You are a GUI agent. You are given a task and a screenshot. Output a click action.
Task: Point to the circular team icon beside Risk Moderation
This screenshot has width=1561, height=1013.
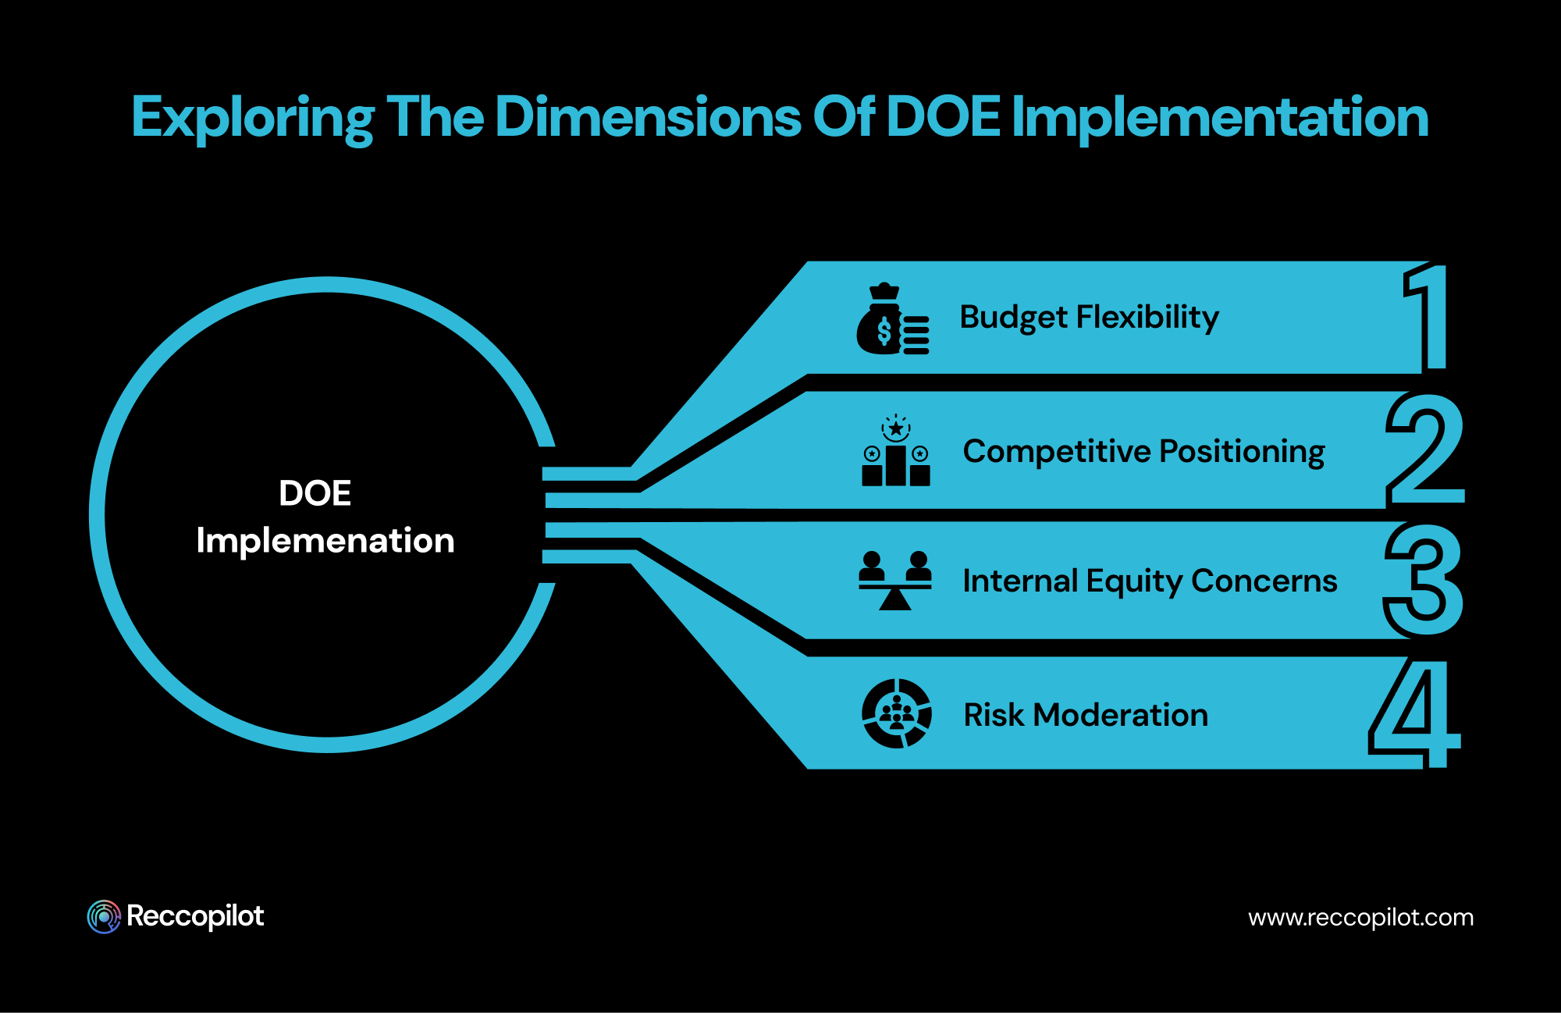[x=896, y=713]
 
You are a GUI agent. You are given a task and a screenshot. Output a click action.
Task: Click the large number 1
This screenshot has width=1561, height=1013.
[x=1428, y=316]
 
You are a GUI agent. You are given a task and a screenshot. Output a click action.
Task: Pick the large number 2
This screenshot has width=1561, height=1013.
[x=1424, y=450]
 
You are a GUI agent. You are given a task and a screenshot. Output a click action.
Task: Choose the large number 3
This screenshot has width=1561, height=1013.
[x=1423, y=580]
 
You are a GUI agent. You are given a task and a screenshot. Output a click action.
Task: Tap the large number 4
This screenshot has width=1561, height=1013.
[x=1414, y=713]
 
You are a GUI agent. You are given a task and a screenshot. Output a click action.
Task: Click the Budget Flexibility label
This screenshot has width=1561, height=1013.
[x=1089, y=318]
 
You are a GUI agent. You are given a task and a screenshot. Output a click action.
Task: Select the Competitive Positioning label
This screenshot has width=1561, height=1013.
[x=1143, y=452]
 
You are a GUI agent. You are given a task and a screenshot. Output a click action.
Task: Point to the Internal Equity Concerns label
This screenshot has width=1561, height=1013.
[x=1150, y=581]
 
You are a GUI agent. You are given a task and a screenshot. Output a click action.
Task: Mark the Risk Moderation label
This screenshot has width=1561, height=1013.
[x=1086, y=715]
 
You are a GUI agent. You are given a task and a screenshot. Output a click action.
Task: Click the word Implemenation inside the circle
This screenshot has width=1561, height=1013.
[x=325, y=541]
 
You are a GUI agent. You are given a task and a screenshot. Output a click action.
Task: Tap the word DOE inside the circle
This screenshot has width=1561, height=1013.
[x=315, y=493]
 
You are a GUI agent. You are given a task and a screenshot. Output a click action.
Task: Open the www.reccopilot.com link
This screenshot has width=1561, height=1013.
[x=1360, y=917]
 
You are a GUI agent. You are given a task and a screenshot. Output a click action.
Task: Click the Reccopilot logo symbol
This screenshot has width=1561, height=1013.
[x=104, y=916]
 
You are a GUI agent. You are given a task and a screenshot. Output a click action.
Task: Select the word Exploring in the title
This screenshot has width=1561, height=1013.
[x=252, y=118]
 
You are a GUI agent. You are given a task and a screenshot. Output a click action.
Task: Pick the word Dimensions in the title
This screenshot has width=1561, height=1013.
[x=648, y=117]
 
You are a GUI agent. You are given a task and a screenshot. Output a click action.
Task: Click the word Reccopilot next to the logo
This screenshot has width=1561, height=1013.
[x=195, y=916]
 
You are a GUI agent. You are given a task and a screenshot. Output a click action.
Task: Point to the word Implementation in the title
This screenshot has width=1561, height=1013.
[x=1219, y=118]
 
